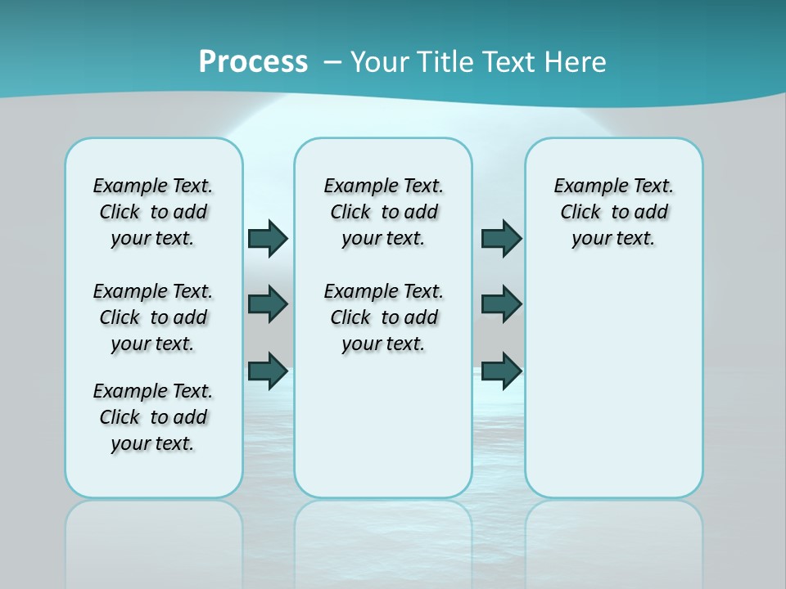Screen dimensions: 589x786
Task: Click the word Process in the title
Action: [253, 61]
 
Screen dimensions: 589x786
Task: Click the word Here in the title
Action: [576, 62]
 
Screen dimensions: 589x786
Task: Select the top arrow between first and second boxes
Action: [268, 239]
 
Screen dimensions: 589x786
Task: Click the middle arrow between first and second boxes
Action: [268, 304]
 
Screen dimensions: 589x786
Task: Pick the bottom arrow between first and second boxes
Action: [268, 371]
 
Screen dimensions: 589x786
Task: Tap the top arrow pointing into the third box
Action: [501, 239]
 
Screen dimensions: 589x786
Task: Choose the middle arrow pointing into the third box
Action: [501, 304]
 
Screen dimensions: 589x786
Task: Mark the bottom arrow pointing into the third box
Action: [501, 371]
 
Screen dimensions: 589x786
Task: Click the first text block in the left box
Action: [153, 212]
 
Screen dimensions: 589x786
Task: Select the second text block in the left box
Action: [153, 317]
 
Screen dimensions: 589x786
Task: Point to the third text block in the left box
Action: [153, 417]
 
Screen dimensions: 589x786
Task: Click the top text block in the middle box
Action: [383, 212]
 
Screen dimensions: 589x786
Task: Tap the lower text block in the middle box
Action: [383, 317]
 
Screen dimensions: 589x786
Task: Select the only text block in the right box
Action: [614, 212]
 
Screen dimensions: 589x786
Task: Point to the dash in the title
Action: [332, 62]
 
